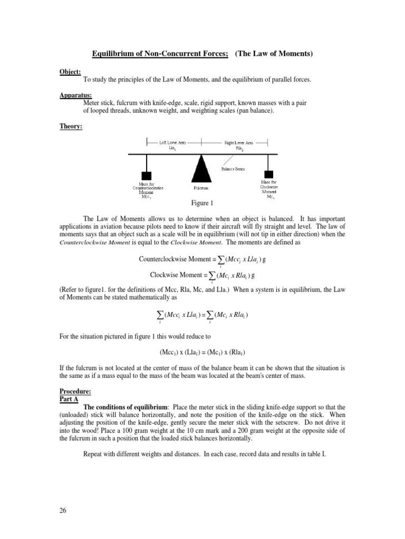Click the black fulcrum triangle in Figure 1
pyautogui.click(x=200, y=168)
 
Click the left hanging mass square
pyautogui.click(x=147, y=176)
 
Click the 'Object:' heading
pyautogui.click(x=70, y=71)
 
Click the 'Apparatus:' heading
pyautogui.click(x=75, y=95)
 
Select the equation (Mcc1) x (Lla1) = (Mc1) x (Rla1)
pyautogui.click(x=202, y=352)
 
